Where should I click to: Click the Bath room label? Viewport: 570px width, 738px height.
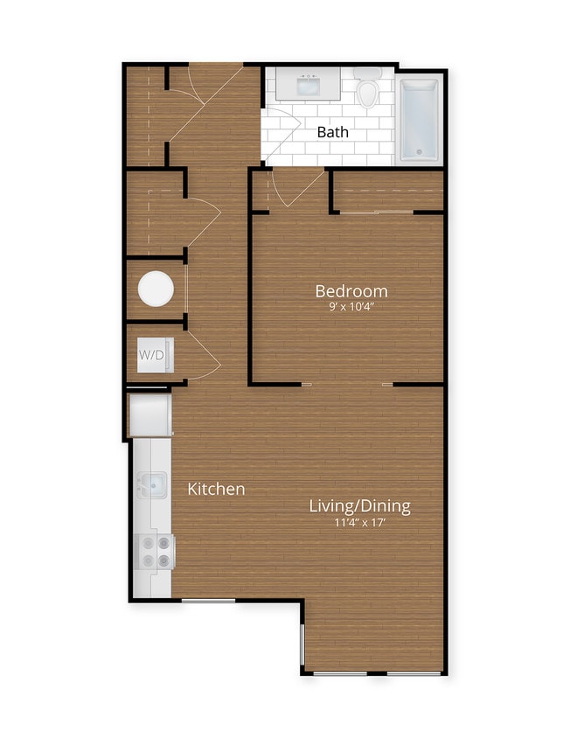point(332,132)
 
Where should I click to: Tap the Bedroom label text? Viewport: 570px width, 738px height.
point(351,290)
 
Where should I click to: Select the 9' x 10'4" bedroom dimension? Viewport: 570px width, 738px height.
point(351,307)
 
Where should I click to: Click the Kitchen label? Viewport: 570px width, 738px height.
point(216,489)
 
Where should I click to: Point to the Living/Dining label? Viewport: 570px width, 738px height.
point(359,505)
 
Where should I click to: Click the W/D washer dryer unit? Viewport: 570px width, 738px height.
point(155,355)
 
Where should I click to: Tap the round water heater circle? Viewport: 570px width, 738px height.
point(156,289)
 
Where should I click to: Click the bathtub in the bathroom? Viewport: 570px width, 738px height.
point(419,121)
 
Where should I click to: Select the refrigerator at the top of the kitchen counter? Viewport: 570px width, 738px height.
point(149,414)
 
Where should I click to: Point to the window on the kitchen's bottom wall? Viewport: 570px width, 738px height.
point(208,600)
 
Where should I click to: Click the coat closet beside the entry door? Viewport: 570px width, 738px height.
point(145,114)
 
